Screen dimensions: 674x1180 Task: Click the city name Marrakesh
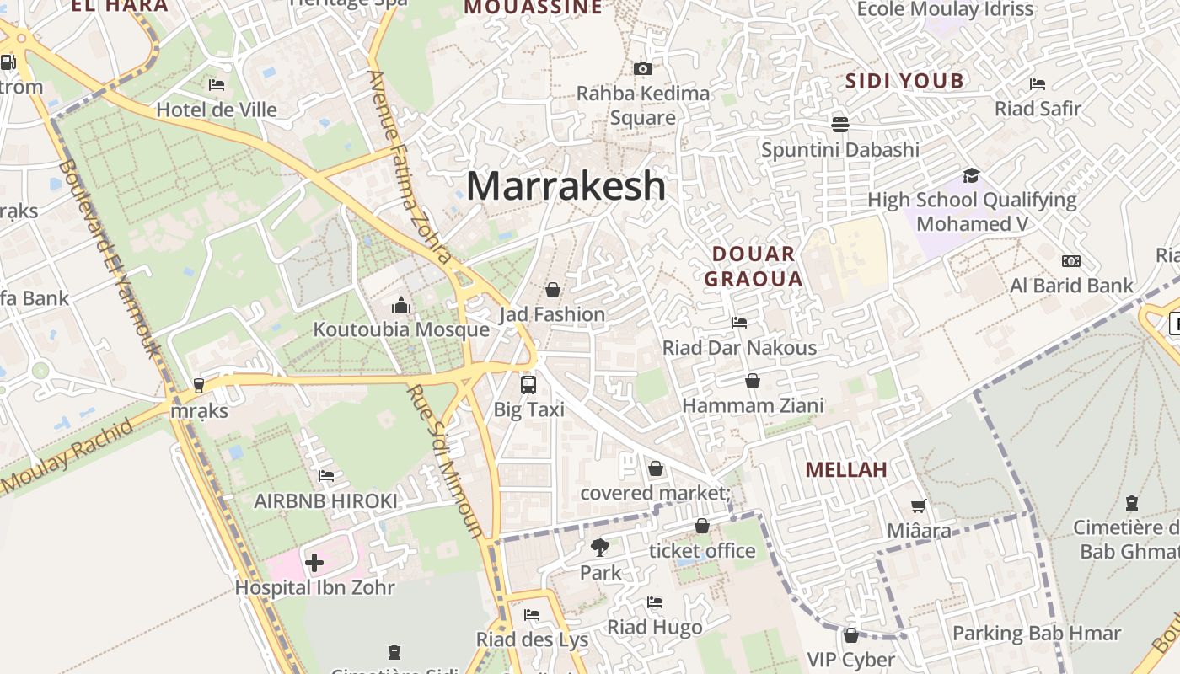(566, 185)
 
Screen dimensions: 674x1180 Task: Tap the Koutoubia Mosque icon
(401, 305)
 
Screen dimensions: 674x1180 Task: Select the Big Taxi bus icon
(528, 385)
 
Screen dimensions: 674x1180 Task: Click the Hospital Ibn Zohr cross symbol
(314, 562)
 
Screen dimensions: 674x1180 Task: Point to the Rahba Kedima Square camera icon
(643, 68)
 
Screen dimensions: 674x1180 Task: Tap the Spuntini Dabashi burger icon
(839, 125)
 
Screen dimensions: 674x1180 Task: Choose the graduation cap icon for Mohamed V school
(971, 175)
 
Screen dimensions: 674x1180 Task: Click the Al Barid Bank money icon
(1071, 261)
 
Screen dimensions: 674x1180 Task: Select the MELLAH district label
(846, 470)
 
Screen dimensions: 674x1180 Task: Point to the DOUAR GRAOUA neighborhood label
(753, 266)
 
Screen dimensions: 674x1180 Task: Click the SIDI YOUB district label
(904, 82)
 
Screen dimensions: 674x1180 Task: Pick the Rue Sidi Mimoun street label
(444, 462)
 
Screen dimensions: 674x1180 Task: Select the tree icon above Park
(600, 548)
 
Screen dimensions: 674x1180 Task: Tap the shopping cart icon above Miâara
(919, 506)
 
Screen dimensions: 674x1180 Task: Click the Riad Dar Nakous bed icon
(739, 323)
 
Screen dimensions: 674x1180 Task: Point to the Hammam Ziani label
(753, 406)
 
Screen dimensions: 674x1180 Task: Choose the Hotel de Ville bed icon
(217, 85)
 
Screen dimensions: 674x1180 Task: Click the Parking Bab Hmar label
(1036, 634)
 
